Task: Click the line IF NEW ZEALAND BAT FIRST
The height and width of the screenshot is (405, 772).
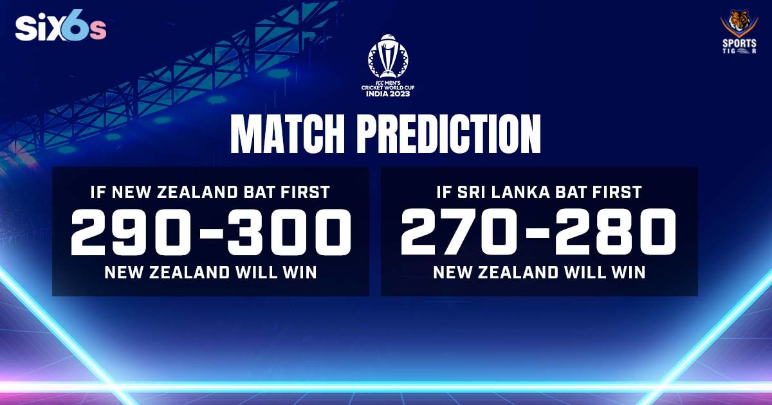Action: pos(211,191)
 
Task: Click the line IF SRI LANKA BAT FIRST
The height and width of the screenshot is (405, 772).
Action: pos(539,191)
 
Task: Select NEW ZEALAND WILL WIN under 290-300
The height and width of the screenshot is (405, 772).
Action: pos(211,272)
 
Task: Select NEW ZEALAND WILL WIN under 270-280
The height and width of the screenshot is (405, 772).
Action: pos(539,272)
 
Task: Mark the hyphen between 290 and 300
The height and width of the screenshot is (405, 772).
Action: pos(211,235)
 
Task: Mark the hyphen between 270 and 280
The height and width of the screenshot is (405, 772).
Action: pos(539,235)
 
